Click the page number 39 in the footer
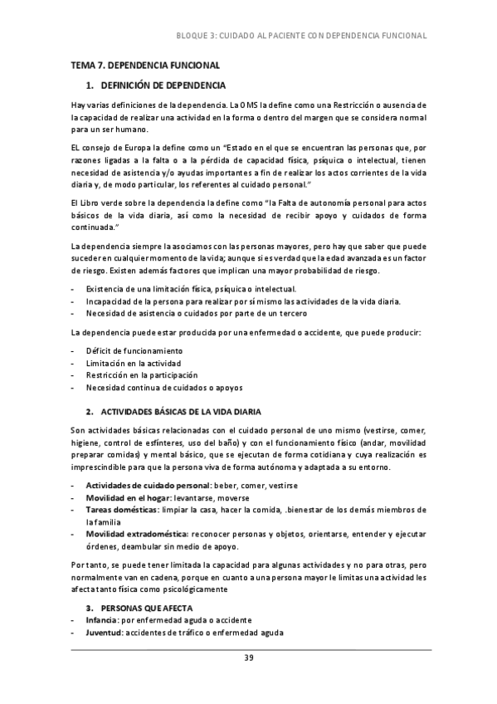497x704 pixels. [248, 658]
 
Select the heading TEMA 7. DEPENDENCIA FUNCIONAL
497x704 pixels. [145, 65]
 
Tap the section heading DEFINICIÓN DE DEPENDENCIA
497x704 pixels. [162, 86]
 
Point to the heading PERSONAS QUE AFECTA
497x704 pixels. [149, 608]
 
